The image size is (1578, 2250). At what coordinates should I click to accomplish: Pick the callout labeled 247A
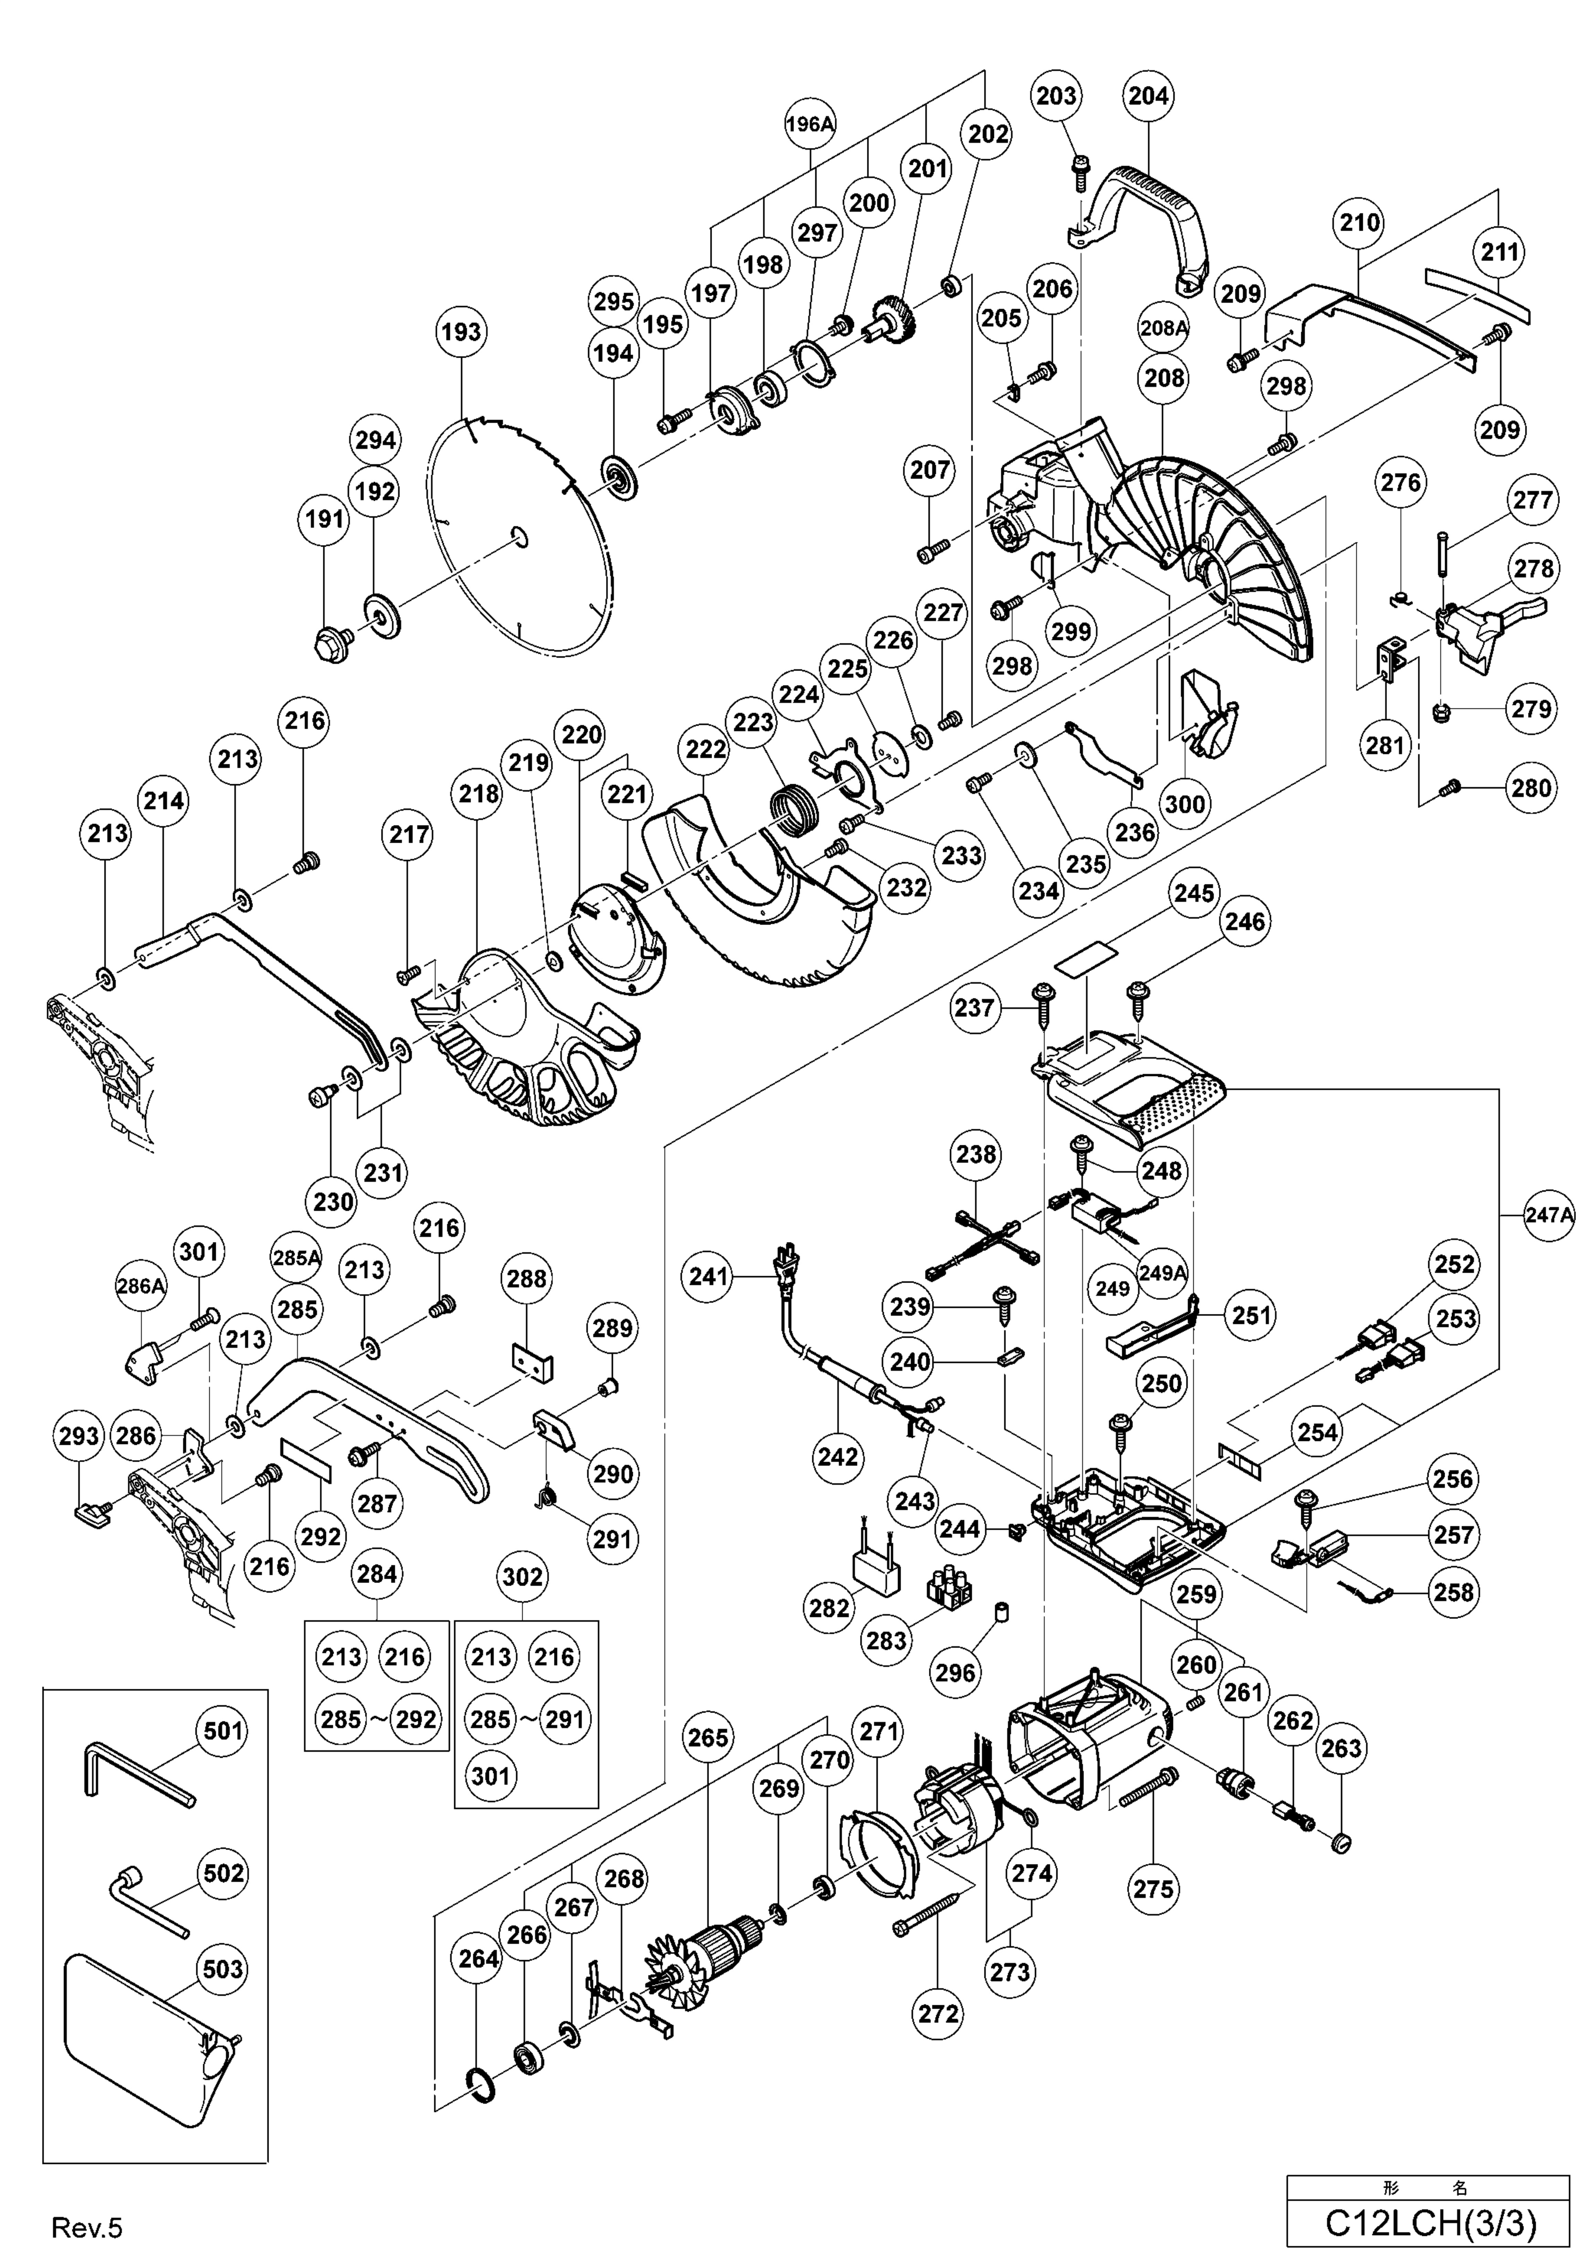pyautogui.click(x=1549, y=1215)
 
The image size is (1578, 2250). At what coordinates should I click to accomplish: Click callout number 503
pyautogui.click(x=222, y=1969)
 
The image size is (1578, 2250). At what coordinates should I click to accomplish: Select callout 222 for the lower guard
pyautogui.click(x=706, y=750)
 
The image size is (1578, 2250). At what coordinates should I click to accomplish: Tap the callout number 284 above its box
pyautogui.click(x=376, y=1574)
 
